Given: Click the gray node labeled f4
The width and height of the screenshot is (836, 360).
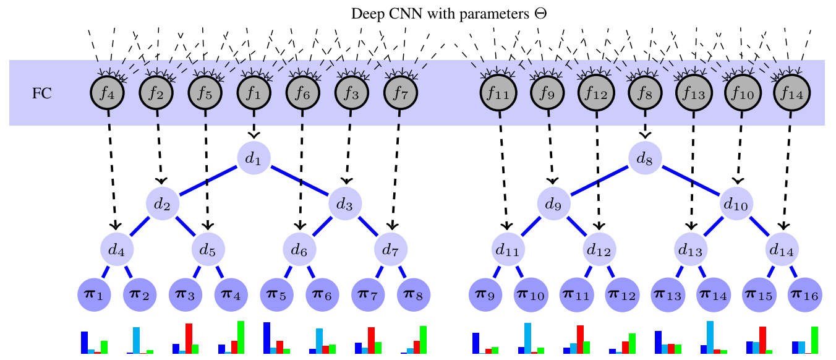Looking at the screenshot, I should (108, 93).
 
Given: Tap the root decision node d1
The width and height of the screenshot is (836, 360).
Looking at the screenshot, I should (254, 158).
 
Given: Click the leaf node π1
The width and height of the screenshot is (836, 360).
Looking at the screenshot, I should (94, 295).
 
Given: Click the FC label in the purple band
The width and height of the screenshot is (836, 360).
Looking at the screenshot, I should (42, 94).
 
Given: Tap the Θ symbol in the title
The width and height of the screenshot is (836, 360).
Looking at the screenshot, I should (541, 14).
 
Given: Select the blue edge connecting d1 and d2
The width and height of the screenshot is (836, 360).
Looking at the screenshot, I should (208, 181).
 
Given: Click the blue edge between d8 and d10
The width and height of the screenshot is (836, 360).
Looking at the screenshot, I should (691, 181).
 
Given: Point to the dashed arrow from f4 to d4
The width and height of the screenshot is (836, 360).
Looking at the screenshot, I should (112, 167).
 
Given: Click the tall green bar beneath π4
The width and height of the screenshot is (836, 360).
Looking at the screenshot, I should (241, 337).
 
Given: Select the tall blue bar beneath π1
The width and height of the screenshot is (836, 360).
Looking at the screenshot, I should (84, 342).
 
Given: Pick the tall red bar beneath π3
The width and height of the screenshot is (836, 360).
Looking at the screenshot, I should (189, 338).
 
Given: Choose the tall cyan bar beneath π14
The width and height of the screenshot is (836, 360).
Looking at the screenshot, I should (710, 337).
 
